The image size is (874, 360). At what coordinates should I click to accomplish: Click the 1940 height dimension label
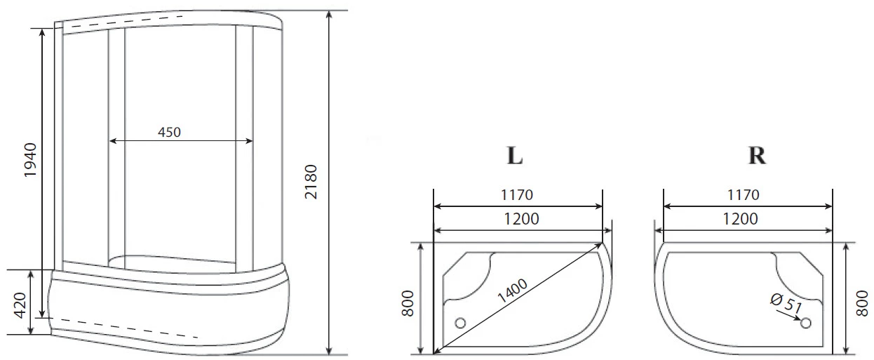click(x=30, y=160)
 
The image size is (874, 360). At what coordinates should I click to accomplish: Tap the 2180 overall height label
click(x=311, y=182)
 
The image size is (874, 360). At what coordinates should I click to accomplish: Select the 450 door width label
click(x=169, y=132)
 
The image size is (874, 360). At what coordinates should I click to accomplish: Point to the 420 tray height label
click(x=20, y=305)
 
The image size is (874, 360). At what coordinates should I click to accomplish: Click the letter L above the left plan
click(x=515, y=155)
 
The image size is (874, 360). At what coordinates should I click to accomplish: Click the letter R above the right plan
click(x=757, y=155)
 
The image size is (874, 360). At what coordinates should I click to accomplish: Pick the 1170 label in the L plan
click(x=516, y=194)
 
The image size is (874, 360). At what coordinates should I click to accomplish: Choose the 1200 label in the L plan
click(x=522, y=219)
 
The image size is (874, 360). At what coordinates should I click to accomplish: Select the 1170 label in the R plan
click(x=744, y=194)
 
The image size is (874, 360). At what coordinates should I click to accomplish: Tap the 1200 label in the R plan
click(x=740, y=219)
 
